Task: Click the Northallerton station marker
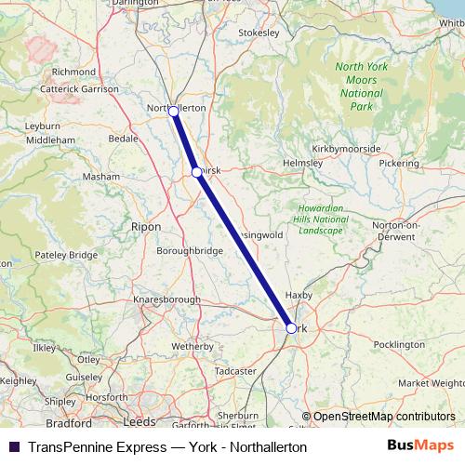tap(173, 112)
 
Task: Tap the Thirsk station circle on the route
tap(196, 172)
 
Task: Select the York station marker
tap(291, 328)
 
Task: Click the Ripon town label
tap(146, 226)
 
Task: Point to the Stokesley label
tap(259, 31)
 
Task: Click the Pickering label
tap(399, 163)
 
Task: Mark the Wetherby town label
tap(193, 345)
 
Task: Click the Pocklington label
tap(398, 344)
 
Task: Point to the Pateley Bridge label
tap(70, 254)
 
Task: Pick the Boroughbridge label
tap(190, 250)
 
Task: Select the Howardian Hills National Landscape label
tap(323, 219)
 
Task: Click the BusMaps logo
tap(420, 446)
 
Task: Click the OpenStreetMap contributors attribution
tap(383, 417)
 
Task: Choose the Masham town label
tap(101, 176)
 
